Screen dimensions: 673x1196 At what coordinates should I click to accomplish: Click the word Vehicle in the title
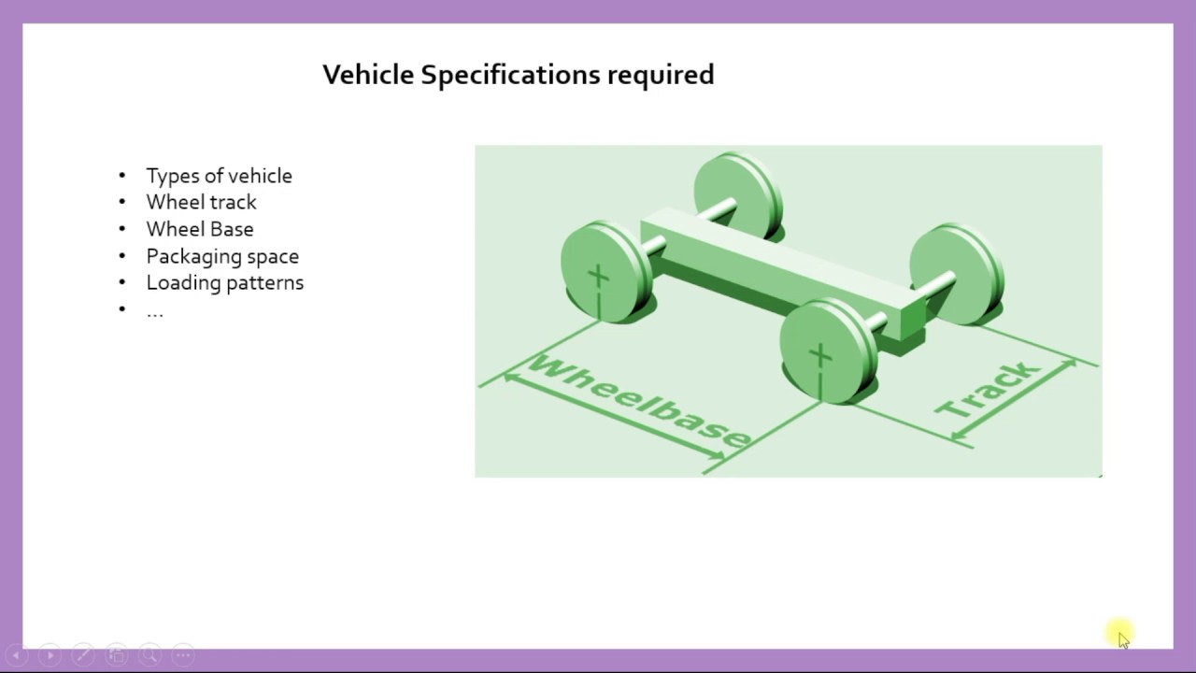(x=368, y=75)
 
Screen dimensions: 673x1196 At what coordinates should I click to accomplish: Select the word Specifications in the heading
(x=510, y=76)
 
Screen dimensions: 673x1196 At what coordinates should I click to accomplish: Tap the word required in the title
(x=661, y=76)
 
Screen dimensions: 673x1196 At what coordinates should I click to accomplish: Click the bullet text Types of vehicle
(x=219, y=176)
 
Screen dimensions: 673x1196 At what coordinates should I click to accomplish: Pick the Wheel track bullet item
(x=201, y=202)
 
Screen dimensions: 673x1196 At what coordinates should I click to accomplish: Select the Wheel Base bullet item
(x=199, y=229)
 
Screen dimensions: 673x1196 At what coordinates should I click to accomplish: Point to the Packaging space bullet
(x=222, y=256)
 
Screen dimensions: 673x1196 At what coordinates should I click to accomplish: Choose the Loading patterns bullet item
(x=224, y=282)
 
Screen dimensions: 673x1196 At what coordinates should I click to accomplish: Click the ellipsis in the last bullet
(x=155, y=311)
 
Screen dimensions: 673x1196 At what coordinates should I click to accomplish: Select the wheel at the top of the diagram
(x=737, y=195)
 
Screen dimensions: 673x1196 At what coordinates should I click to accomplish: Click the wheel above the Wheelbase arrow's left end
(x=604, y=272)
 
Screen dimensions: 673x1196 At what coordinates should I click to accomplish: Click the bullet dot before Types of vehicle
(x=122, y=176)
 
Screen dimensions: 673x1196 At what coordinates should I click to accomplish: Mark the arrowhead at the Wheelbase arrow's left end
(x=509, y=377)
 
